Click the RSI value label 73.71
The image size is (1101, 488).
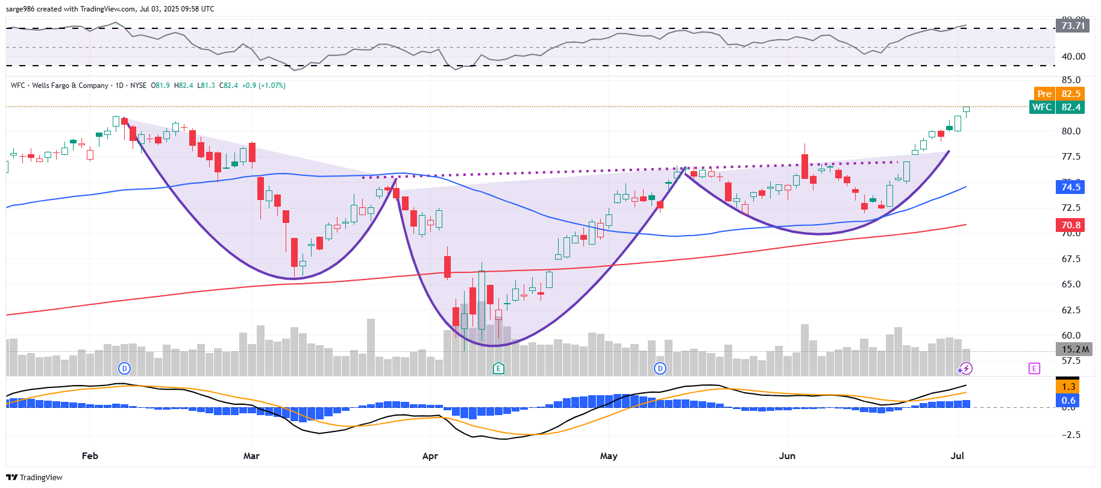pos(1073,25)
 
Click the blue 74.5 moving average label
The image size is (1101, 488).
pos(1070,187)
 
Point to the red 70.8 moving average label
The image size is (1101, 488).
pos(1070,225)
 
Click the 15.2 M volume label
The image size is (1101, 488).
pos(1074,349)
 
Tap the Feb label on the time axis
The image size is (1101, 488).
pos(90,455)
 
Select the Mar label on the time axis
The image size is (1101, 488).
pos(251,455)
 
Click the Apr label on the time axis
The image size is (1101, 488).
pos(430,455)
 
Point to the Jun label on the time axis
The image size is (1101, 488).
pos(787,455)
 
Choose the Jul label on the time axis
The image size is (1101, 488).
pos(957,455)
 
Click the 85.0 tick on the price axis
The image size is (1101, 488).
pos(1071,80)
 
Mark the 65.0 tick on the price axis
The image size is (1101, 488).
pos(1071,284)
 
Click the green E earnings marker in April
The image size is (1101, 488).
pos(498,368)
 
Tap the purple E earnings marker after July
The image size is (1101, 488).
pos(1034,368)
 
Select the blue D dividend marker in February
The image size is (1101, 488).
pos(124,368)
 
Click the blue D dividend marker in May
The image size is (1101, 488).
pos(660,368)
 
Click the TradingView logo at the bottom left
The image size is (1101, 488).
pos(34,477)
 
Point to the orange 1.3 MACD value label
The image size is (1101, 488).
pos(1068,387)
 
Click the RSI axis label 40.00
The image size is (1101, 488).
pos(1073,57)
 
